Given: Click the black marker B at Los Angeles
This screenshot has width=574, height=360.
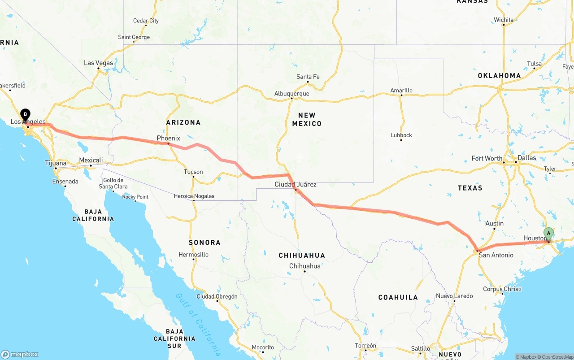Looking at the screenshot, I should pyautogui.click(x=26, y=114).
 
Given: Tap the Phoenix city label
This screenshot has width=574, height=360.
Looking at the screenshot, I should pyautogui.click(x=168, y=138).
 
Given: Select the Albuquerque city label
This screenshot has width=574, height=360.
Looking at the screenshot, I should pyautogui.click(x=291, y=94).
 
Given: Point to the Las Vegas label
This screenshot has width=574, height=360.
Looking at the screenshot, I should pyautogui.click(x=99, y=63).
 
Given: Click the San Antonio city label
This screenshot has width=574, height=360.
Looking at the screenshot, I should pyautogui.click(x=496, y=255).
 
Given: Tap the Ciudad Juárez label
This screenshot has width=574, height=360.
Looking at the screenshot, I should pyautogui.click(x=296, y=184).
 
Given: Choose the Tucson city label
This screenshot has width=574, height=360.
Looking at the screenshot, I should pyautogui.click(x=193, y=172).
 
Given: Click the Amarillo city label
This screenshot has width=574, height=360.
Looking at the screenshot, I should pyautogui.click(x=401, y=90).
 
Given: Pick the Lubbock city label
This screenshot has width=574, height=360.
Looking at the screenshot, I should pyautogui.click(x=401, y=135).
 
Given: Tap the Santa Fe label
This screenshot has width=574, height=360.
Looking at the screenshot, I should pyautogui.click(x=308, y=77).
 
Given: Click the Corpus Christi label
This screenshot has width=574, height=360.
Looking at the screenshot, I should pyautogui.click(x=502, y=289).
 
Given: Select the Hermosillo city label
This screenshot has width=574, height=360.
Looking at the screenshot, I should pyautogui.click(x=193, y=254).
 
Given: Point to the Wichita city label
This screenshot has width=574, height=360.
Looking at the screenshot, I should pyautogui.click(x=504, y=20).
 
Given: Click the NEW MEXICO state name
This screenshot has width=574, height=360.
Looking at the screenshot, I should pyautogui.click(x=307, y=119).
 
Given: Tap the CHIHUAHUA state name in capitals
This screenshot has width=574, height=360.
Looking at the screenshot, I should pyautogui.click(x=302, y=256).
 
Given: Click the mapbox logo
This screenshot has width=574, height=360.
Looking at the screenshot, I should pyautogui.click(x=20, y=354).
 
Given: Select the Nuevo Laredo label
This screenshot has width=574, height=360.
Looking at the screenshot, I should pyautogui.click(x=454, y=296).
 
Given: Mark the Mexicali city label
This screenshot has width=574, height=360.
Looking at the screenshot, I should pyautogui.click(x=91, y=160).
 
